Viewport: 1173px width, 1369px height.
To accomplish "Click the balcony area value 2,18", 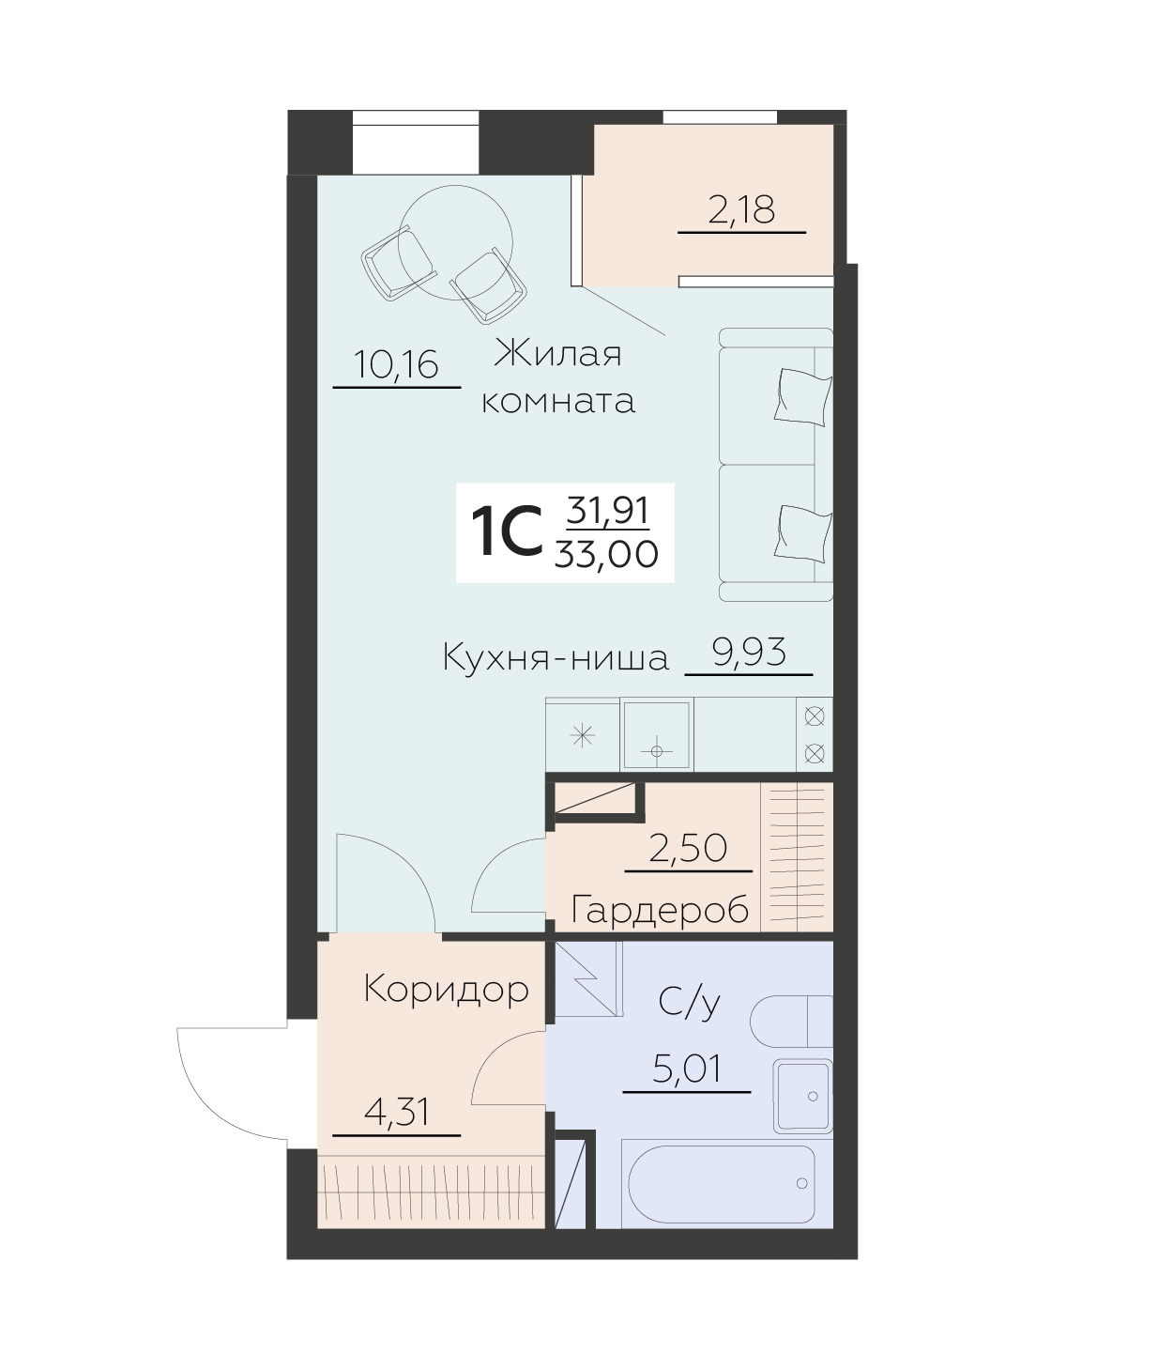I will tap(741, 209).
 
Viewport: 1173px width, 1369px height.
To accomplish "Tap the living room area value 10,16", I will tap(397, 364).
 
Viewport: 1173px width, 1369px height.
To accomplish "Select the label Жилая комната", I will tap(558, 377).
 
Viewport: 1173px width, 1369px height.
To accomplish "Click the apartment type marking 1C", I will tap(507, 532).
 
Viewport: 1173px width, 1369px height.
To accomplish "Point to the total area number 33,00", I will tap(606, 555).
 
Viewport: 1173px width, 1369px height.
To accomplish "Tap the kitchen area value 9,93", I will tap(749, 652).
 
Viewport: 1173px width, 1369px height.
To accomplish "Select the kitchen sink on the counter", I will tap(657, 734).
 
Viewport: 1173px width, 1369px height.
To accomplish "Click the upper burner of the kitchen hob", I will tap(815, 717).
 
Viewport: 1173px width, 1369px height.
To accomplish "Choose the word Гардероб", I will tap(660, 910).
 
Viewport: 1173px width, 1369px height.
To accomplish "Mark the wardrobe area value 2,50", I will tap(689, 848).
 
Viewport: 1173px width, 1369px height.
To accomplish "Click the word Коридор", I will tap(446, 989).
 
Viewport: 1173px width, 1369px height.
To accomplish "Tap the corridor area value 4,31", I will tap(396, 1113).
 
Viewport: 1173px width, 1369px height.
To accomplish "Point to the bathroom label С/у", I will tap(690, 1003).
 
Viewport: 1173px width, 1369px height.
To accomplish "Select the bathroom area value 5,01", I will tap(687, 1069).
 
